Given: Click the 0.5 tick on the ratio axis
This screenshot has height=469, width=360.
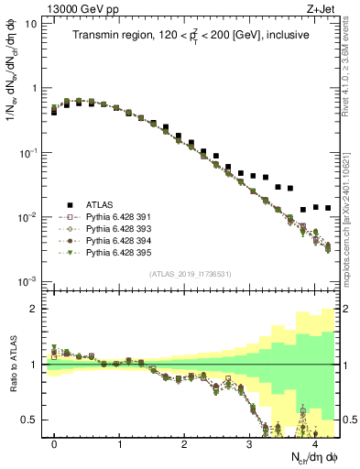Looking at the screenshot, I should tap(29, 420).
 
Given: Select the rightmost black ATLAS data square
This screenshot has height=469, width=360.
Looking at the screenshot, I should tap(327, 208).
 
